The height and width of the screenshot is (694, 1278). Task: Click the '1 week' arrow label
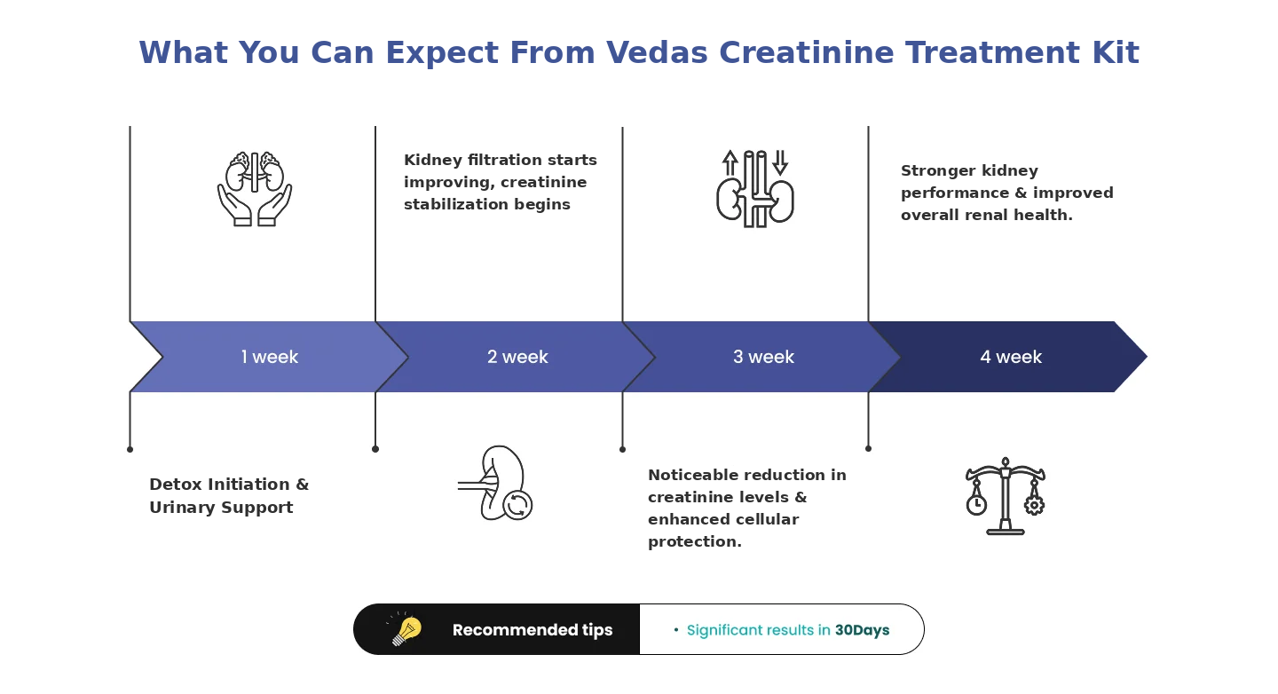[x=269, y=357]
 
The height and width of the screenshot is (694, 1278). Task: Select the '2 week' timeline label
[x=517, y=357]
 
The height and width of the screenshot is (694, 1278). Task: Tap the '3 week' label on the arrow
[x=763, y=357]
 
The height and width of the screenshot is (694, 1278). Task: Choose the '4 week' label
[x=1011, y=357]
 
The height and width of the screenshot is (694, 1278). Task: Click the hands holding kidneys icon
[x=255, y=189]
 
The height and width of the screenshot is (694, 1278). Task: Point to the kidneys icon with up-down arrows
[x=754, y=189]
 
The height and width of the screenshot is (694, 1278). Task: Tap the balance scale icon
[x=1006, y=496]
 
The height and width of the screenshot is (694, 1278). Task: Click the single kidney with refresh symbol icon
[x=495, y=484]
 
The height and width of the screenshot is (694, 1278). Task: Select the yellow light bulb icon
[x=405, y=629]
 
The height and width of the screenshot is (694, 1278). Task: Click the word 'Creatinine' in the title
[x=805, y=52]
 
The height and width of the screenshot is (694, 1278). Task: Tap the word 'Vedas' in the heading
[x=655, y=52]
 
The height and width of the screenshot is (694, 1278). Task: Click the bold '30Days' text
[x=862, y=630]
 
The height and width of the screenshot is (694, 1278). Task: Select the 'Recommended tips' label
[x=532, y=629]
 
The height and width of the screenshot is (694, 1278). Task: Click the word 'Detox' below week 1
[x=175, y=485]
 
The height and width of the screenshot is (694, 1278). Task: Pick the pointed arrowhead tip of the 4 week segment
[x=1147, y=357]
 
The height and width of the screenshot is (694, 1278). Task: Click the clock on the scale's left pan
[x=976, y=504]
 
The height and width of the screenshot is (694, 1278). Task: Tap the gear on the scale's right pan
[x=1035, y=504]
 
